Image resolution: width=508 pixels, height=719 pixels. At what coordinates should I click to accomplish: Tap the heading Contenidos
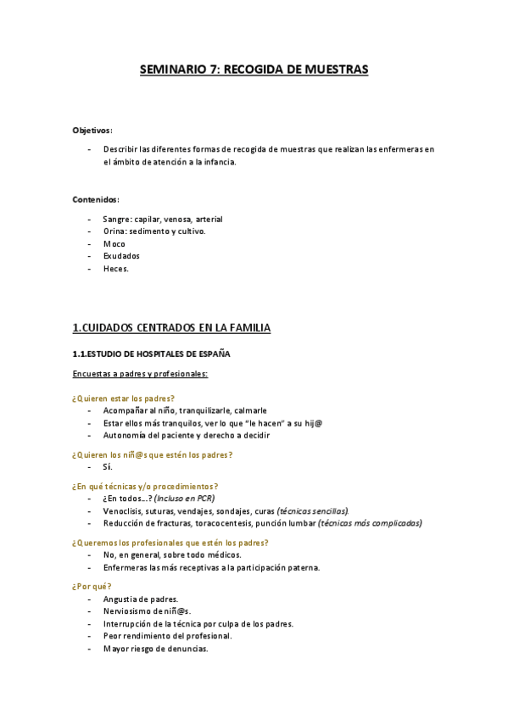tap(96, 200)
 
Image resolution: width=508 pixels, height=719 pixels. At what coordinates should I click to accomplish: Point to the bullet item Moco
tap(114, 243)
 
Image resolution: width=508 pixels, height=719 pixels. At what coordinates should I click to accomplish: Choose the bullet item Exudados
tap(121, 255)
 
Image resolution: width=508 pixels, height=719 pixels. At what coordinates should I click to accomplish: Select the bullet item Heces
tap(116, 268)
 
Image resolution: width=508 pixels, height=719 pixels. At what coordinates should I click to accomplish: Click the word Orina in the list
tap(116, 231)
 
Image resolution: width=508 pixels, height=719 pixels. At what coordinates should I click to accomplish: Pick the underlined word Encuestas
tap(94, 373)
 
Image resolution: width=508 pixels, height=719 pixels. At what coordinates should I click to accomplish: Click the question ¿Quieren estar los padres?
tap(124, 398)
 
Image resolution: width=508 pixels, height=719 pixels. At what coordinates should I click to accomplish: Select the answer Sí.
tap(108, 466)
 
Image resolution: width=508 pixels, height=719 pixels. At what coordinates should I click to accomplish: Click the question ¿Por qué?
tap(92, 586)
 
